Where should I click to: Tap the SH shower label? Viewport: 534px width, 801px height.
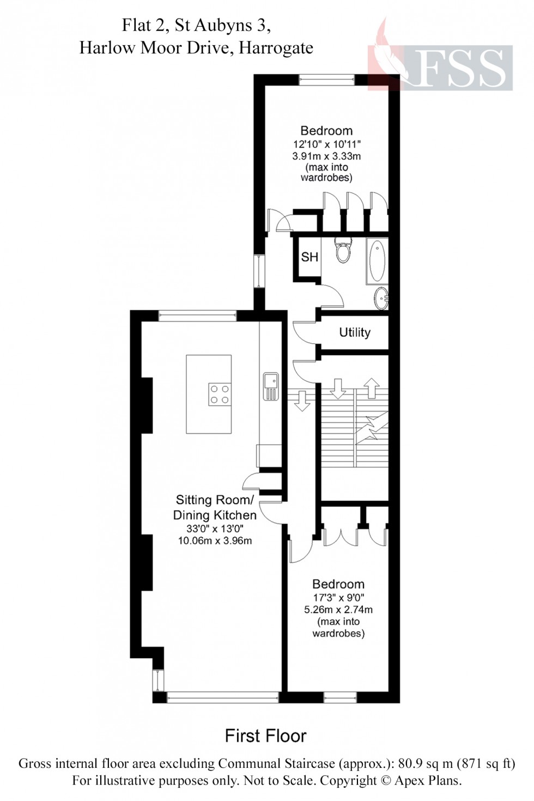(x=310, y=257)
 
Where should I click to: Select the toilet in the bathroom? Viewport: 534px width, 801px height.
(x=343, y=251)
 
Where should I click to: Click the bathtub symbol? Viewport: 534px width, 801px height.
(x=377, y=260)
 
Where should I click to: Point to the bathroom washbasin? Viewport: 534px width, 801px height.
(x=381, y=298)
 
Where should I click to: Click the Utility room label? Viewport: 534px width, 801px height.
(x=355, y=332)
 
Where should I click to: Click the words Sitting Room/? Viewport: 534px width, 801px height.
(x=214, y=500)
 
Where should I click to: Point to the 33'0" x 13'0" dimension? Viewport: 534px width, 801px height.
(x=215, y=529)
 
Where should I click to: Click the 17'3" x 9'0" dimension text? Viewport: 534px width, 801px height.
(x=338, y=598)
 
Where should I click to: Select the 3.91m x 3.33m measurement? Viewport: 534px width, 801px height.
(x=326, y=156)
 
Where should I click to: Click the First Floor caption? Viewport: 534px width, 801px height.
(x=266, y=736)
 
